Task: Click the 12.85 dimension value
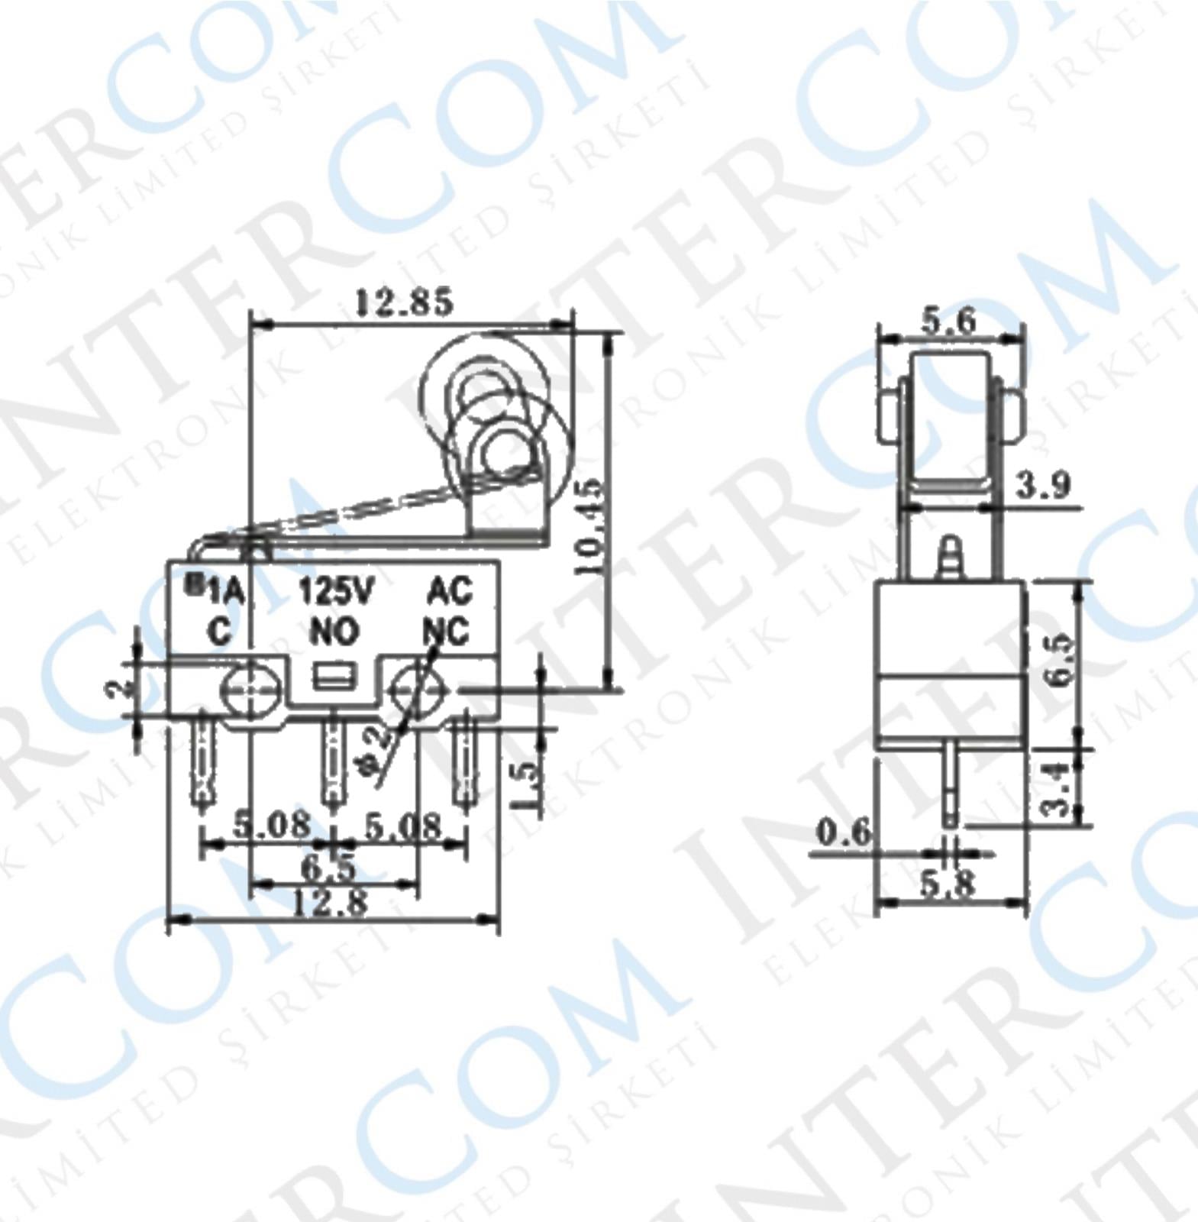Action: pos(403,302)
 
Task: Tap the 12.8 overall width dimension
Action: pos(330,904)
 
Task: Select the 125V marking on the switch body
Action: pos(335,592)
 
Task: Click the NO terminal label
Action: pos(334,632)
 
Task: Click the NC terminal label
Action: pos(447,632)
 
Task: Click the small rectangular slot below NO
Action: pos(334,677)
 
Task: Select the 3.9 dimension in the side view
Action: pos(1043,484)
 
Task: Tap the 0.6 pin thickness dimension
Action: pos(843,832)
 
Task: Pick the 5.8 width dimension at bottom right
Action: pos(947,884)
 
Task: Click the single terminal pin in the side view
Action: pos(949,787)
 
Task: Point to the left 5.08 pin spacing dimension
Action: pos(272,825)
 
